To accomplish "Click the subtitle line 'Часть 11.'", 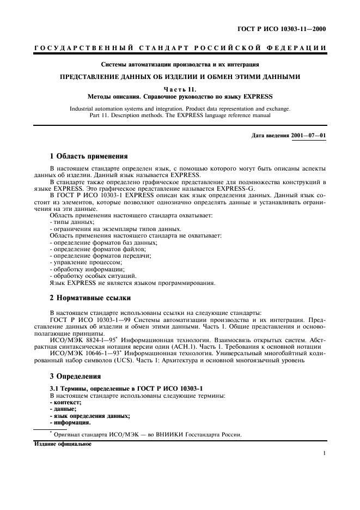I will (179, 89).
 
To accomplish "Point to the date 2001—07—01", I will (309, 135).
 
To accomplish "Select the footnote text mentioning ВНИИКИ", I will (147, 434).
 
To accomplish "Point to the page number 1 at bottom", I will (324, 453).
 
